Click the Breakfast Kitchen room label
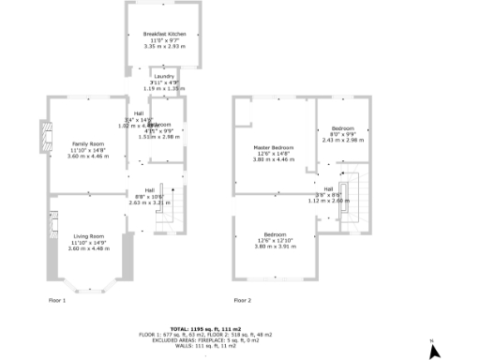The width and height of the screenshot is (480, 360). [163, 33]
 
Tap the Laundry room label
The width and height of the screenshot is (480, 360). [163, 76]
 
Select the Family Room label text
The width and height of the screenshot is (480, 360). [89, 142]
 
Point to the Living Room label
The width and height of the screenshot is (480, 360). [89, 235]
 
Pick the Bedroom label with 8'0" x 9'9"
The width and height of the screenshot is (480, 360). [341, 127]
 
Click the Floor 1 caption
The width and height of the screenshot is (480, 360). [57, 300]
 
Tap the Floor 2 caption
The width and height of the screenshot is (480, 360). [242, 300]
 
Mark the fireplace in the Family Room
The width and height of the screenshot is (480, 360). [43, 137]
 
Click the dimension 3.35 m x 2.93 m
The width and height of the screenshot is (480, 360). [163, 44]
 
